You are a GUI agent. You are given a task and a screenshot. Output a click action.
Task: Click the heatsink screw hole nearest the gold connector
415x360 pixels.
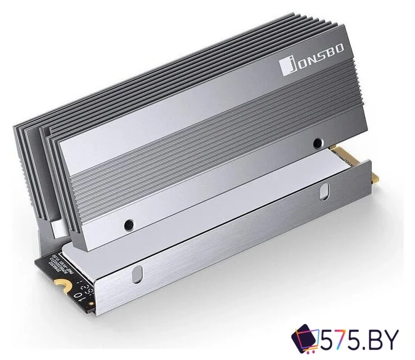pyautogui.click(x=318, y=143)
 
